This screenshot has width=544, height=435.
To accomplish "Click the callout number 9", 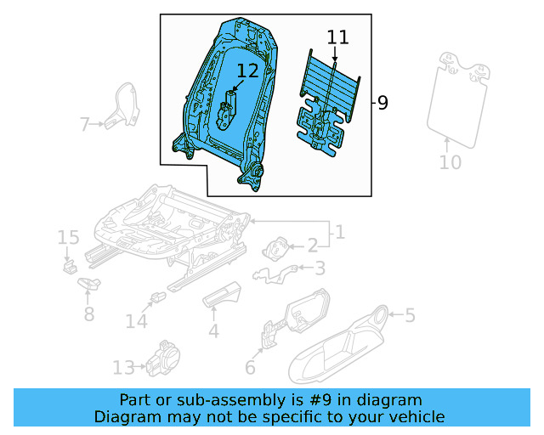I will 382,104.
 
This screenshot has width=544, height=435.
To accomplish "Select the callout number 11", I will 337,37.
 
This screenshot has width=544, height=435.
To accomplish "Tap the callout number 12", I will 247,71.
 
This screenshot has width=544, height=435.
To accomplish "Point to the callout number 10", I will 450,161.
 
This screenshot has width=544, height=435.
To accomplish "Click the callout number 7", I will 84,126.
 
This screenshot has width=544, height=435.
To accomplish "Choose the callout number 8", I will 88,314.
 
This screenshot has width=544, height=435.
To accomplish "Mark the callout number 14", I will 137,321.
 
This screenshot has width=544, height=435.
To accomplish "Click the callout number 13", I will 123,367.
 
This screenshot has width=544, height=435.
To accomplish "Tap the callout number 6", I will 250,367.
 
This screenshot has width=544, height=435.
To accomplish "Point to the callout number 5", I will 410,316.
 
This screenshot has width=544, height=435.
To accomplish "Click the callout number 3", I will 320,268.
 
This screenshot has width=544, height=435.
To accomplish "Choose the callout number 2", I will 312,246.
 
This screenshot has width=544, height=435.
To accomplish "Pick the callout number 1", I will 338,231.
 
